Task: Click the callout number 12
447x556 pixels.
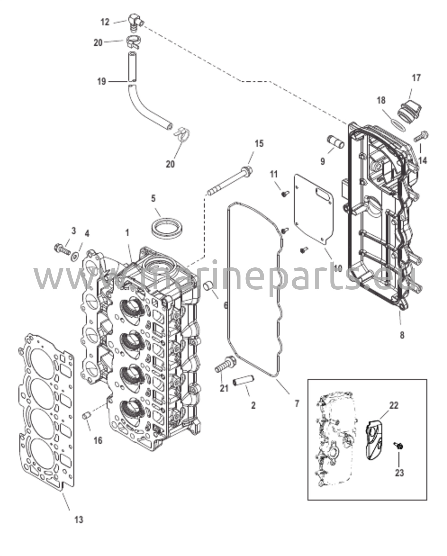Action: point(105,22)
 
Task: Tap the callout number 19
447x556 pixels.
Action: point(102,81)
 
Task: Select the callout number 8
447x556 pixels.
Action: point(402,335)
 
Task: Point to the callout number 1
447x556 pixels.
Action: point(127,233)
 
